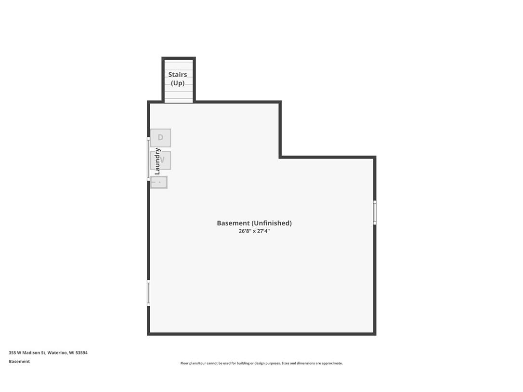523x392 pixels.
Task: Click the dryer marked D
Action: click(160, 138)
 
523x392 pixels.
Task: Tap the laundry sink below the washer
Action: click(159, 183)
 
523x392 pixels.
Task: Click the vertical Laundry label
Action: click(157, 161)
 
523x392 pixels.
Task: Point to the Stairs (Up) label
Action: click(178, 78)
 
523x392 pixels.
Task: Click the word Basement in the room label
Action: click(233, 223)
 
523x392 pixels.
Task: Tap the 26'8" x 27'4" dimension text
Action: click(254, 231)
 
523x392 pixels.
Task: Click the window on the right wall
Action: click(375, 212)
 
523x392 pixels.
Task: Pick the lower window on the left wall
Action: click(148, 293)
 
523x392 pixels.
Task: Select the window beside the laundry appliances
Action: click(148, 159)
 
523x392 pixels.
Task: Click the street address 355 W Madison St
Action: click(27, 353)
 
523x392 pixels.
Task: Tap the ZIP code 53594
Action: click(81, 353)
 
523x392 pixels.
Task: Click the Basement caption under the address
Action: click(19, 361)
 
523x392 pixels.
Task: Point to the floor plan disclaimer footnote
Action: click(261, 363)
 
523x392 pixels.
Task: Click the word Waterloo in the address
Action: click(57, 353)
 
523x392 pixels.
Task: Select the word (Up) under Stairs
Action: click(178, 83)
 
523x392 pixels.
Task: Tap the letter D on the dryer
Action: click(160, 137)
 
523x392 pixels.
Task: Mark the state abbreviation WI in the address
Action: click(71, 353)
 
